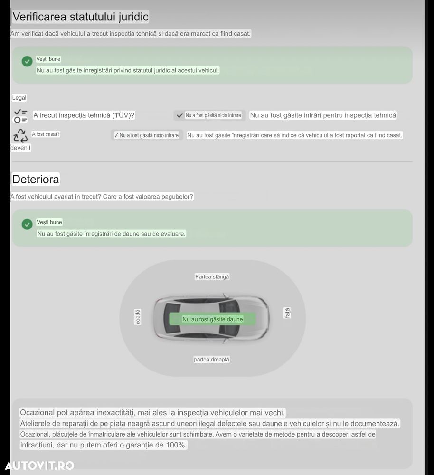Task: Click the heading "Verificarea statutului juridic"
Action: pos(81,17)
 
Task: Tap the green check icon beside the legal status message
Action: pos(27,61)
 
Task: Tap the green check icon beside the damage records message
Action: pos(27,224)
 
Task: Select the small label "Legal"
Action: pos(19,98)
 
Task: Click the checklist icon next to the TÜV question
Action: pos(20,116)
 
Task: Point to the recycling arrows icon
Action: pos(20,136)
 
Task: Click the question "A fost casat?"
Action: pos(46,134)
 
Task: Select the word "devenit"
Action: pos(20,148)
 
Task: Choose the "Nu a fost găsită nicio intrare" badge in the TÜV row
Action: pos(209,115)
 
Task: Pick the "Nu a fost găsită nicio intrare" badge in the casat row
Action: pos(147,135)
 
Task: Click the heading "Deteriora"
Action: pos(36,180)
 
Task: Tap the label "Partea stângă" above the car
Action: pos(212,276)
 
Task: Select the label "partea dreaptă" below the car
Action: pos(211,359)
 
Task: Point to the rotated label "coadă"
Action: pos(138,317)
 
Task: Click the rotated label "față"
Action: pos(287,313)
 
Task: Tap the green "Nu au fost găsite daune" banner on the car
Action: pos(212,319)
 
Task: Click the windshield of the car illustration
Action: pos(229,319)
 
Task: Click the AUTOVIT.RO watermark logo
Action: pos(39,465)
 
